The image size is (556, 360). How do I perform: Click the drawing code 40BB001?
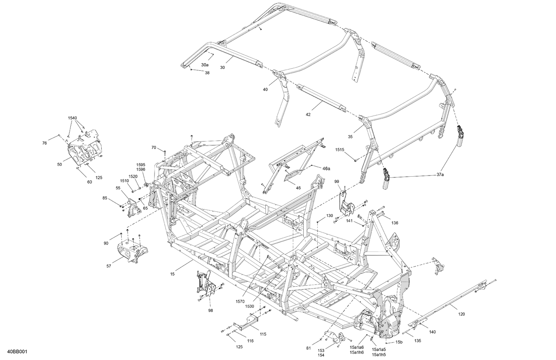pos(17,351)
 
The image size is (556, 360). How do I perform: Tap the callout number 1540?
pos(72,118)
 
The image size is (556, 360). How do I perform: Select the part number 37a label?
pos(440,174)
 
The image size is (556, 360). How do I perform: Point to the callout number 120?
pos(461,314)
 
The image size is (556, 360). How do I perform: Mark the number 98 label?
pos(211,310)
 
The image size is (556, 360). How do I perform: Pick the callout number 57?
pos(109,266)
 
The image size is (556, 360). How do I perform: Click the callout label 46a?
pos(326,168)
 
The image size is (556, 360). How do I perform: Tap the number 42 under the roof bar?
pos(308,114)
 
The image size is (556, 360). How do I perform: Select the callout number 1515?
pos(340,150)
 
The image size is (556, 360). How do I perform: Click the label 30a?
pos(205,65)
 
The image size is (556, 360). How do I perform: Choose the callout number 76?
pos(44,143)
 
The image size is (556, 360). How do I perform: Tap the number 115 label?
pos(263,334)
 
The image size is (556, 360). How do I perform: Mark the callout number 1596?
pos(141,169)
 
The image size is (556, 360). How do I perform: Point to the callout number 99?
pos(337,181)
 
